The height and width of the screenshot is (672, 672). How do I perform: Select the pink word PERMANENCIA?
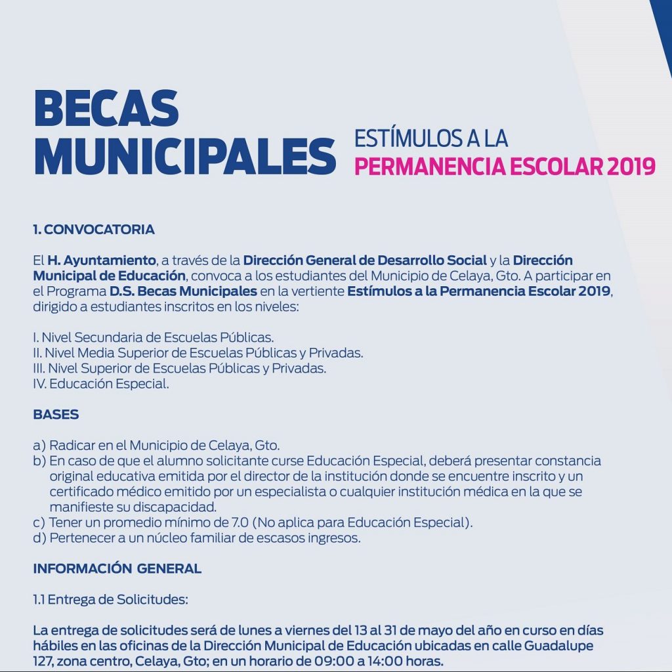(x=428, y=167)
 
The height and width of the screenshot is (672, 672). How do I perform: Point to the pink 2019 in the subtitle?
(x=631, y=167)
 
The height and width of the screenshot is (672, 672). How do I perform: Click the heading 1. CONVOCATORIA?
(x=94, y=230)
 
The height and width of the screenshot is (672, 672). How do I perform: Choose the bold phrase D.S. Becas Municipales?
(x=183, y=291)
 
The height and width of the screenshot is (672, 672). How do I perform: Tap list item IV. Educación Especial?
(x=101, y=385)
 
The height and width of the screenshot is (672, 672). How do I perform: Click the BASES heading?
(x=56, y=415)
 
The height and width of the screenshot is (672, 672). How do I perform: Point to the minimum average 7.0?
(x=238, y=523)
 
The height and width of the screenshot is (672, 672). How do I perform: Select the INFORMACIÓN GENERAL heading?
(x=117, y=569)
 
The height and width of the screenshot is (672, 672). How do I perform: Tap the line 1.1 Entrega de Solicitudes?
(x=110, y=599)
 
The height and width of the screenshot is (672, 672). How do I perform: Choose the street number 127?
(x=44, y=661)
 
